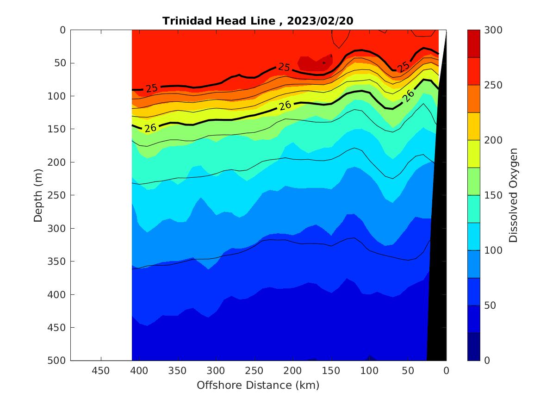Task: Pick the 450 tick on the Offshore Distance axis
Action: (x=101, y=371)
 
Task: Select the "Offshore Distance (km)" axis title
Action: (x=258, y=385)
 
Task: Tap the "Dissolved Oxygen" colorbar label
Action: (x=513, y=195)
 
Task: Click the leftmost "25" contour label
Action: (x=151, y=87)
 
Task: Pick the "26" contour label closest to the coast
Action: (x=408, y=95)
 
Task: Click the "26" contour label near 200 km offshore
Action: (x=286, y=106)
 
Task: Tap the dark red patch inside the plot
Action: (x=313, y=64)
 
